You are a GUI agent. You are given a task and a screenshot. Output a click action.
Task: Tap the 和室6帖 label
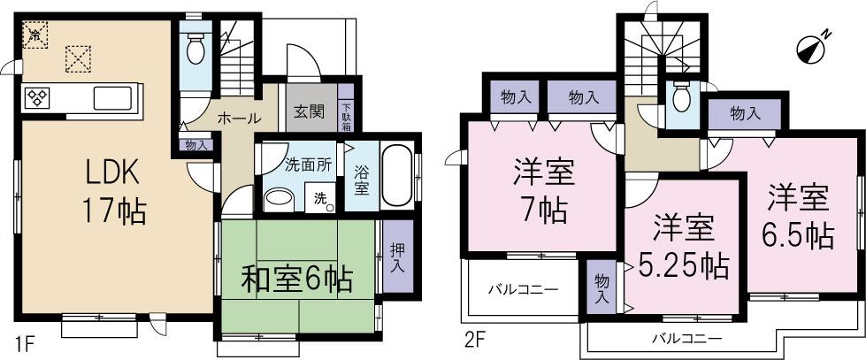[297, 281]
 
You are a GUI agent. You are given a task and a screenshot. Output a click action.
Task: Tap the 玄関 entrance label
[309, 111]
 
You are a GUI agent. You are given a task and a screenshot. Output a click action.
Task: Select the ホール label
[239, 118]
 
